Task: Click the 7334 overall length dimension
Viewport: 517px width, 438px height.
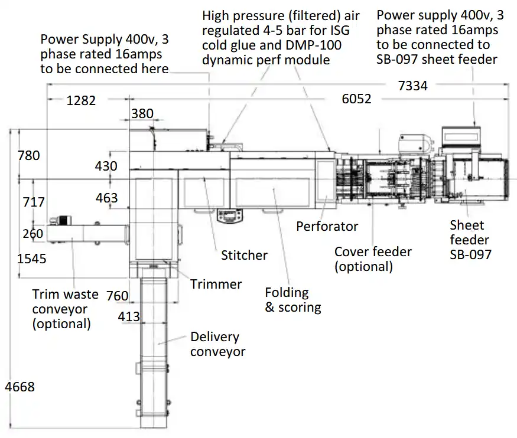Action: (x=412, y=86)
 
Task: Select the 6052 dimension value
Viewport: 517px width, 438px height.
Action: (x=356, y=99)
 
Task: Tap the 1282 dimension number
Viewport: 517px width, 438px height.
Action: (x=81, y=100)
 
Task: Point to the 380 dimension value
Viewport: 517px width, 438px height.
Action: (x=142, y=113)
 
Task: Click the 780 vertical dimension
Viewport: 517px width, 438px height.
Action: (x=29, y=155)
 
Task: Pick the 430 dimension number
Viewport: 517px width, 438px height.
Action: (x=106, y=166)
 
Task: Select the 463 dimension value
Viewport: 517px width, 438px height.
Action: (x=107, y=198)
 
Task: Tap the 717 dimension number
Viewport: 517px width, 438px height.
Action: (x=34, y=202)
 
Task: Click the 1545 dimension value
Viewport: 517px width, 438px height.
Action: (x=32, y=259)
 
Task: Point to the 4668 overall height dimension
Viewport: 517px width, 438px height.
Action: (x=19, y=387)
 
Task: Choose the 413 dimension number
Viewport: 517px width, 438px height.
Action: (x=129, y=317)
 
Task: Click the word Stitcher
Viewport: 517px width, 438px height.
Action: (x=245, y=255)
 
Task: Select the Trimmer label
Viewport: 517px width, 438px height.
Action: (x=216, y=284)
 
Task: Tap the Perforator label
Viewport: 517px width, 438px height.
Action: (x=327, y=226)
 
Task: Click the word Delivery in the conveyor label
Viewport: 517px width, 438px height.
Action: (x=214, y=337)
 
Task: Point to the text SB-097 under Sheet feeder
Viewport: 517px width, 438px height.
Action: (x=470, y=254)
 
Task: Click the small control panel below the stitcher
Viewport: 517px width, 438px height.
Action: (x=230, y=215)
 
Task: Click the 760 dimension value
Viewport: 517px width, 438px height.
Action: (x=118, y=296)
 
